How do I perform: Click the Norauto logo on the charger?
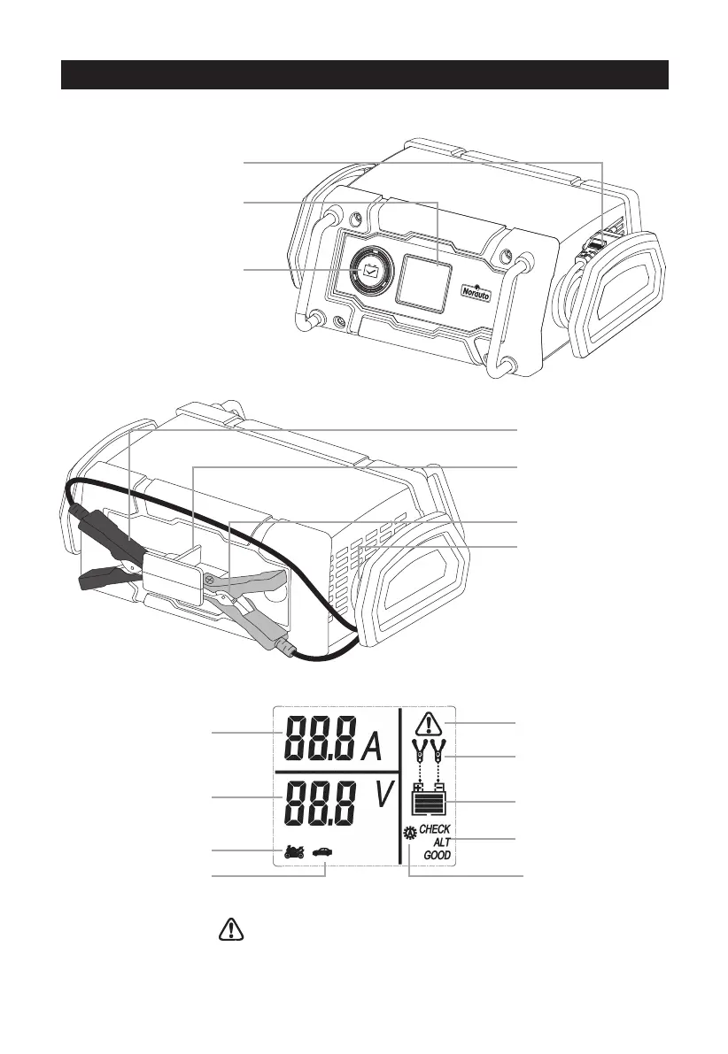coord(476,292)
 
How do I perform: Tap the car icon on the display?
coord(323,850)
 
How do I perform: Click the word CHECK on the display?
coord(434,829)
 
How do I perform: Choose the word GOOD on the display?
coord(436,856)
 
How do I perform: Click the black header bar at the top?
coord(363,75)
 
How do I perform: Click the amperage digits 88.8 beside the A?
coord(321,737)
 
